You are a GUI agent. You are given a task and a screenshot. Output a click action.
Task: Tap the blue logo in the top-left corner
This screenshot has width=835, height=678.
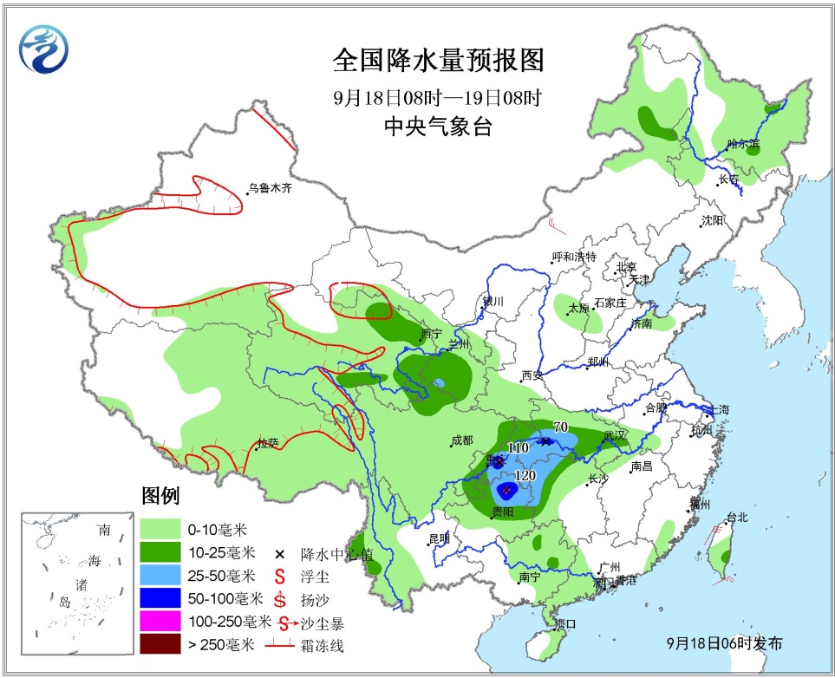point(43,49)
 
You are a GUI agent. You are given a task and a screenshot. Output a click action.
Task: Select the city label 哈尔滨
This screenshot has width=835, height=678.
point(743,143)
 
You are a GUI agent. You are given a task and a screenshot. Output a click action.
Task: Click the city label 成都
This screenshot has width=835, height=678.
point(461,440)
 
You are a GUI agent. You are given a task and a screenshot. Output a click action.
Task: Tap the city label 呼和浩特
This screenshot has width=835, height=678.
point(574,257)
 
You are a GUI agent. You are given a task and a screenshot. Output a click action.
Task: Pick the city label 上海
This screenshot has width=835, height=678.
point(717,409)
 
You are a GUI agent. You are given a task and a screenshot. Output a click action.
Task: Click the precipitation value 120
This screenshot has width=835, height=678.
point(525,476)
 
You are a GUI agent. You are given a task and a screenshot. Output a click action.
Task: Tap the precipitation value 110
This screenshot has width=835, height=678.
point(518,447)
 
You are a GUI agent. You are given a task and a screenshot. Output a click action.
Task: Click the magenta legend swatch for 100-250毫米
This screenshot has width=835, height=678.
point(166,621)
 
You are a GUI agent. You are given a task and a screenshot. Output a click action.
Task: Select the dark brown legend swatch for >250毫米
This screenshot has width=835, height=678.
point(166,644)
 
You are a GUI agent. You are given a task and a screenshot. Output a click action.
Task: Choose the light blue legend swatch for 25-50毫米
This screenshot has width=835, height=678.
point(166,575)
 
